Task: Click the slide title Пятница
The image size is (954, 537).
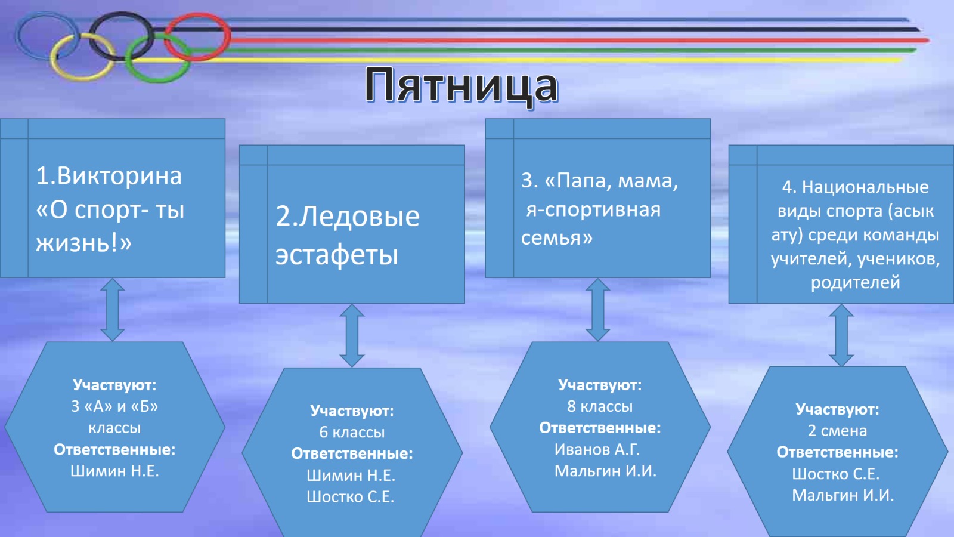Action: point(461,86)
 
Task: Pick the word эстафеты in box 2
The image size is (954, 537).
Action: point(336,254)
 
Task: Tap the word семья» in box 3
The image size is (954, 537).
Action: point(557,237)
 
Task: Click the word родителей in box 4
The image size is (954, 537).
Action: point(855,282)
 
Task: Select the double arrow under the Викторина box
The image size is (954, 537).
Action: point(113,310)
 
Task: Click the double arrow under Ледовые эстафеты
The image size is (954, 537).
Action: point(352,335)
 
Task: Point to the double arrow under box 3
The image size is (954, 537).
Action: point(597,310)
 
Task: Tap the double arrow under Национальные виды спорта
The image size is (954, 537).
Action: point(841,335)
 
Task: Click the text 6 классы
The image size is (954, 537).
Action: point(352,432)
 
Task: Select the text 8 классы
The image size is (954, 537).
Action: point(600,406)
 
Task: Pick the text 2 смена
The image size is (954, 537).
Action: point(837,430)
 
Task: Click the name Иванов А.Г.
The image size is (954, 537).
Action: point(597,449)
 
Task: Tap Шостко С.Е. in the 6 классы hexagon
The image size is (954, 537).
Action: point(351,496)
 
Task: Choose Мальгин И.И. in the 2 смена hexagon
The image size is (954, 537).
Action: point(843,495)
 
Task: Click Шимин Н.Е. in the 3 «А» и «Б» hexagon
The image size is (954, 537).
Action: point(114,471)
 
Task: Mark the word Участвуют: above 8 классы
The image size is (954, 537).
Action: point(600,385)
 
